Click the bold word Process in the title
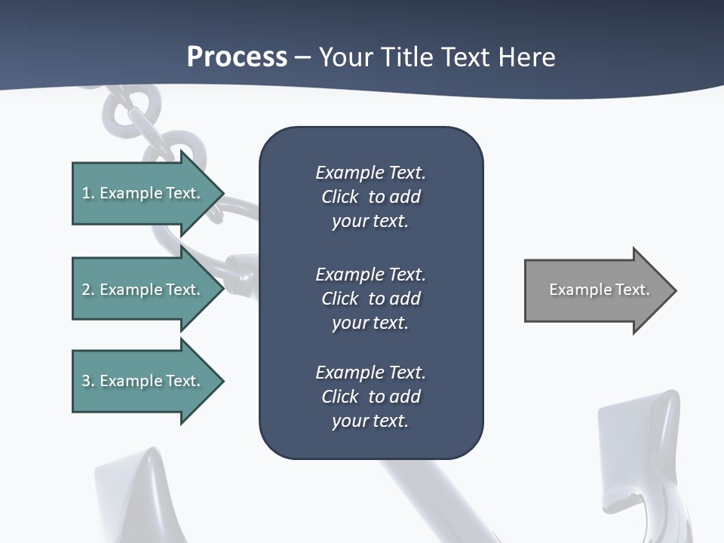click(x=237, y=57)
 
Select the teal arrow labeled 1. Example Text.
click(x=143, y=193)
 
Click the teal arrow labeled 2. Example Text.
click(x=143, y=290)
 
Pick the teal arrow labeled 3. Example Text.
click(x=143, y=381)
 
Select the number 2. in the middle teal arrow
click(x=88, y=290)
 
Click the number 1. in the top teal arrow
click(x=88, y=193)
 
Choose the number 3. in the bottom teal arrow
click(x=88, y=381)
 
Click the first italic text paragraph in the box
click(x=370, y=197)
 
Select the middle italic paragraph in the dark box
click(x=370, y=299)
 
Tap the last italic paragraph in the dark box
click(x=370, y=397)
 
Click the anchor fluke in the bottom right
click(x=641, y=452)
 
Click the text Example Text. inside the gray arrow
click(x=599, y=290)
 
